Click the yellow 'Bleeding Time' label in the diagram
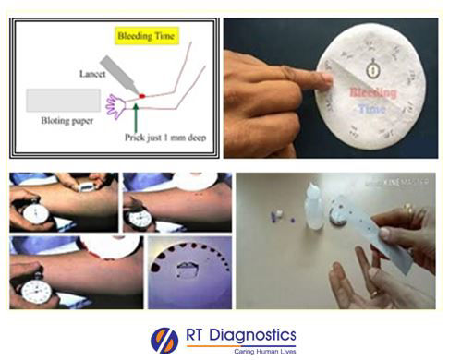tap(149, 38)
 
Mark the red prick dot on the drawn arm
tap(141, 95)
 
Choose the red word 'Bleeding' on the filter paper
tap(372, 93)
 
